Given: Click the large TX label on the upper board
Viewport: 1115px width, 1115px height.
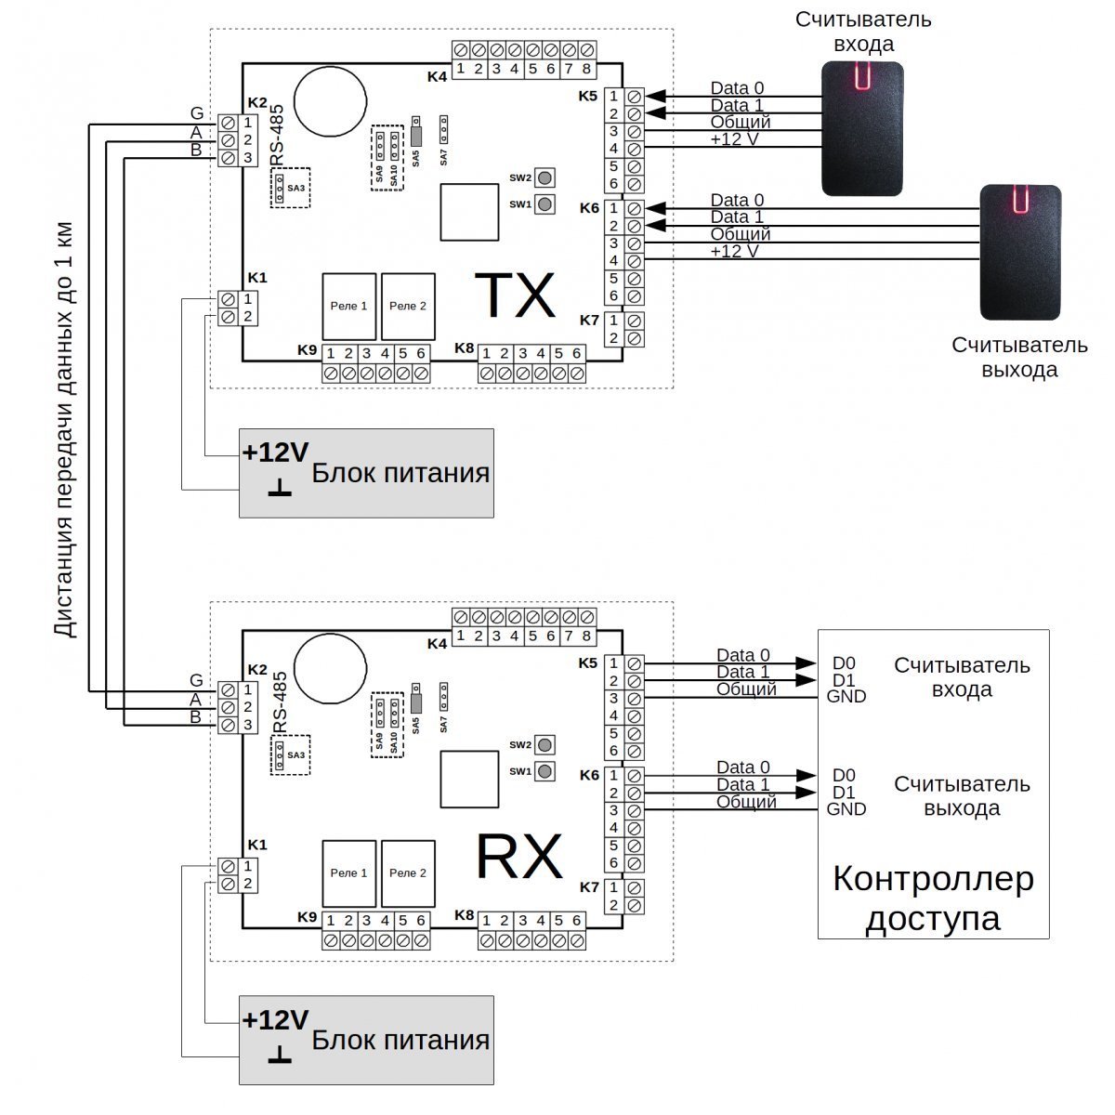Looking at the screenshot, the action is [x=515, y=295].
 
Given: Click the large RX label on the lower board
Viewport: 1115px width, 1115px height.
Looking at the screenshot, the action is [x=519, y=857].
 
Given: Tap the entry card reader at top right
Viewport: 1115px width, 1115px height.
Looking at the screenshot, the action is [x=862, y=128].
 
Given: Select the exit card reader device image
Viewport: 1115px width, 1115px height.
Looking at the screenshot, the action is [x=1020, y=253].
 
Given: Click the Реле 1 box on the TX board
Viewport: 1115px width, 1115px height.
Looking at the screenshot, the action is [x=349, y=307].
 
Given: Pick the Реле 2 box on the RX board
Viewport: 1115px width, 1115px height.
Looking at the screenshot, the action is [x=408, y=873].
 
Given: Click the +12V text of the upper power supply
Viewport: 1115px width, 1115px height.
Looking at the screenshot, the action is [x=275, y=453].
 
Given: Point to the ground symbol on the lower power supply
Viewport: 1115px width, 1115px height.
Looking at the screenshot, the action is [x=280, y=1055].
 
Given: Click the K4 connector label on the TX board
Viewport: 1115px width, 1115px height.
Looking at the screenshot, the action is [x=437, y=76].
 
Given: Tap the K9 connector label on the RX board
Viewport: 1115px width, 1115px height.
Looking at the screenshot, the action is [x=308, y=917].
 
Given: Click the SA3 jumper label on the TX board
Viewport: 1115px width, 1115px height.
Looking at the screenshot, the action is [x=295, y=188].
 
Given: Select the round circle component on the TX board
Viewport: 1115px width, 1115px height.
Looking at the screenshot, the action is [x=330, y=100].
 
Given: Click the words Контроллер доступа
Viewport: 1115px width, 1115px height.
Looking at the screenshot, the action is [x=933, y=899].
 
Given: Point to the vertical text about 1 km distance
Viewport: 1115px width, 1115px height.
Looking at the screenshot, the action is [x=64, y=430].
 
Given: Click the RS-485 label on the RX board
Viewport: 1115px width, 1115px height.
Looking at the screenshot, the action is [x=280, y=702].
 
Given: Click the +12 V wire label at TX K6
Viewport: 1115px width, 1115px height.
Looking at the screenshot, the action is [x=734, y=251].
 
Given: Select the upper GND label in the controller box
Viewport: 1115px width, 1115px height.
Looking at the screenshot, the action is [x=846, y=696].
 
